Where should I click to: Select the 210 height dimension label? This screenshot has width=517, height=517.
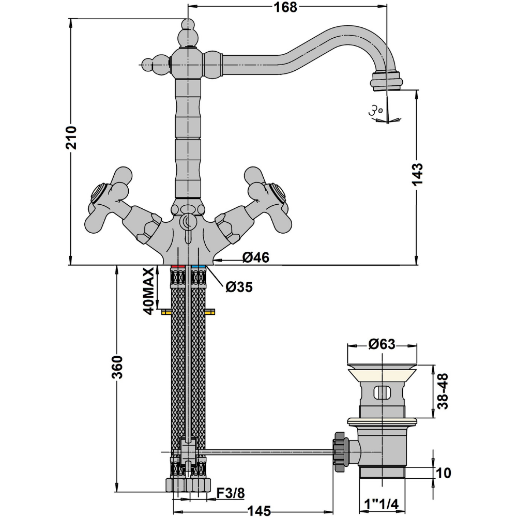pyautogui.click(x=71, y=138)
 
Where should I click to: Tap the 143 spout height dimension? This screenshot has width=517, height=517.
pyautogui.click(x=417, y=174)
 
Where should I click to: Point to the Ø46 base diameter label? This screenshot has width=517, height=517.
pyautogui.click(x=256, y=257)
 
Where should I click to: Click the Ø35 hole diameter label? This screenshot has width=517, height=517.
pyautogui.click(x=239, y=287)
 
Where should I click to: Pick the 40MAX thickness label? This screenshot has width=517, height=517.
pyautogui.click(x=149, y=292)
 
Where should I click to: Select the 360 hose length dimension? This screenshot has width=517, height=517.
pyautogui.click(x=117, y=367)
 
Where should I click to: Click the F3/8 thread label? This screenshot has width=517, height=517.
pyautogui.click(x=231, y=493)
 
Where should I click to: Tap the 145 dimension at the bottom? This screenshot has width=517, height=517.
pyautogui.click(x=259, y=511)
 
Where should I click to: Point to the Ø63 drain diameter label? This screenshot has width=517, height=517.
pyautogui.click(x=382, y=344)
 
